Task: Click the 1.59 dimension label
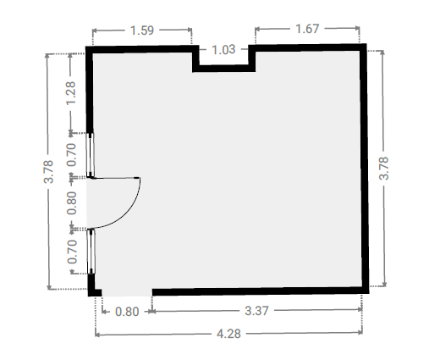(x=142, y=30)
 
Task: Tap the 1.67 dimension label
(x=307, y=29)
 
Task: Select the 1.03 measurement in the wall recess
(x=223, y=50)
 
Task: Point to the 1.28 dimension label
(x=71, y=93)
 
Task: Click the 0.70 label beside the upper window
(x=71, y=155)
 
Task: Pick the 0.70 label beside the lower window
(x=72, y=252)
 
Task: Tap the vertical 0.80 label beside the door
(x=72, y=203)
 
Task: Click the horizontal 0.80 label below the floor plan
(x=127, y=312)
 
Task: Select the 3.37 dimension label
(x=256, y=311)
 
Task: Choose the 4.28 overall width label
(x=228, y=334)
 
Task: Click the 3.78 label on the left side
(x=48, y=171)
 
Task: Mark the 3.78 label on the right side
(x=383, y=169)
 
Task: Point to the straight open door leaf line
(x=116, y=178)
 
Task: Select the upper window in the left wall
(x=91, y=155)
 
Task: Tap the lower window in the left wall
(x=91, y=252)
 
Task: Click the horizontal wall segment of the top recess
(x=224, y=69)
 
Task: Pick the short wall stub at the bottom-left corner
(x=95, y=292)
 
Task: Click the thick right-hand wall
(x=364, y=169)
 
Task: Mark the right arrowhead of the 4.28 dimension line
(x=360, y=332)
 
